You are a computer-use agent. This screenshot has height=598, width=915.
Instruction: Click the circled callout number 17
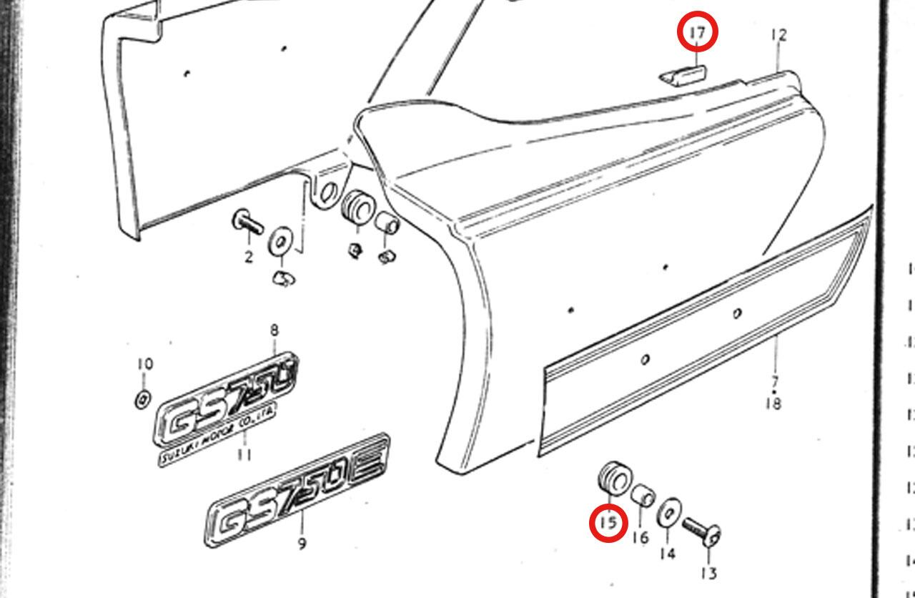click(x=696, y=33)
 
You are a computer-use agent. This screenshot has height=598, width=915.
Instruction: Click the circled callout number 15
click(x=608, y=523)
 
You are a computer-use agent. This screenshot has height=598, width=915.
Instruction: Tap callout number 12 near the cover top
click(x=778, y=34)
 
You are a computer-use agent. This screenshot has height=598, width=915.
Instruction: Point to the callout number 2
click(x=248, y=257)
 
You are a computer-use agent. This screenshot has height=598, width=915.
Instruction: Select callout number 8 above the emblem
click(x=274, y=330)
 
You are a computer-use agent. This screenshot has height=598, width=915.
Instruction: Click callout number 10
click(x=144, y=364)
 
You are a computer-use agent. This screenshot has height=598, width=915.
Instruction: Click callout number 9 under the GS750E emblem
click(x=302, y=544)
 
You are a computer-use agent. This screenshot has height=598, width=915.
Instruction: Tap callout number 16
click(x=640, y=536)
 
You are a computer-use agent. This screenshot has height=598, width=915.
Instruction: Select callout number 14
click(x=667, y=553)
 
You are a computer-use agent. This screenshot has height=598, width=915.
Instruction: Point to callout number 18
click(x=773, y=404)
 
